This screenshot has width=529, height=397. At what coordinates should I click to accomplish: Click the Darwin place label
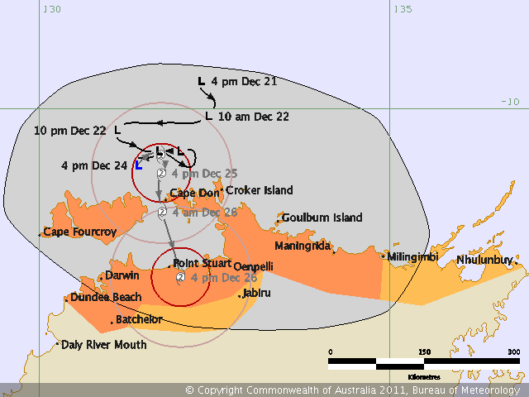122,275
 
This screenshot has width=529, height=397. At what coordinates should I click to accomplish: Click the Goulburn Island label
322,218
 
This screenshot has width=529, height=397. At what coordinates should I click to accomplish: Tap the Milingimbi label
412,257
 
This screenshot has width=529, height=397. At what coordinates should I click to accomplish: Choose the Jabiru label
257,294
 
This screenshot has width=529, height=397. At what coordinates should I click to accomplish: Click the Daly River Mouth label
104,344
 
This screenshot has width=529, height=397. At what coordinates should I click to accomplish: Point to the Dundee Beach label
106,297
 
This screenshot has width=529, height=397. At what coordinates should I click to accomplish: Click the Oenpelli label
253,266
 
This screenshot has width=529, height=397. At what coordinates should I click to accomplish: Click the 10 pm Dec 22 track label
70,131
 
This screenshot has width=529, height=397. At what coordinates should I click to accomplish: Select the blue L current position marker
138,165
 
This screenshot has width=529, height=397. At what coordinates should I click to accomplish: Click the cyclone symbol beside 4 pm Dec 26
180,279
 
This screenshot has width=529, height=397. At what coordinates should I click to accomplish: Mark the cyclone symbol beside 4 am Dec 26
163,212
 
